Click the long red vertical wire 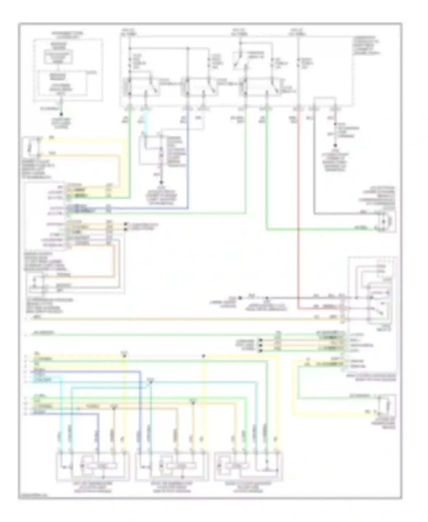[298, 206]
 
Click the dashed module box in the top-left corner [68, 70]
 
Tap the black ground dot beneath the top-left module [61, 114]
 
